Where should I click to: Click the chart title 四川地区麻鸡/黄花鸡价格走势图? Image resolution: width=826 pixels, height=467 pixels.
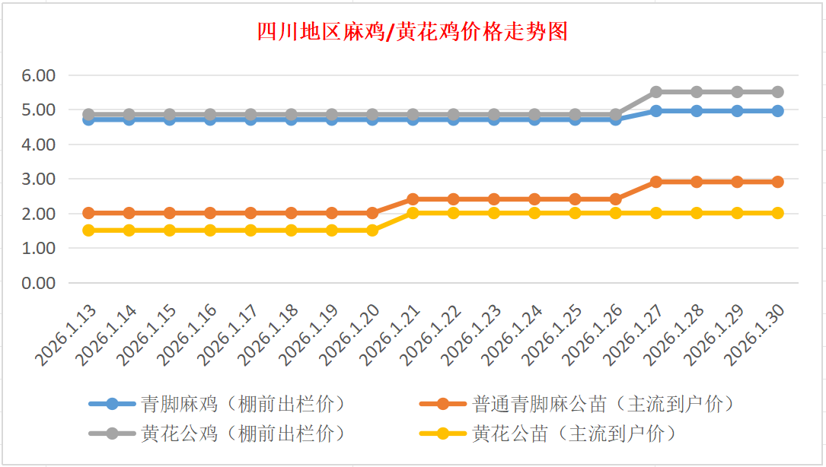[412, 33]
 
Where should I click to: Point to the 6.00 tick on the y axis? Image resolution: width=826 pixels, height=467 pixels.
[39, 75]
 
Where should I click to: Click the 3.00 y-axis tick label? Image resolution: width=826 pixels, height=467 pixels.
[39, 179]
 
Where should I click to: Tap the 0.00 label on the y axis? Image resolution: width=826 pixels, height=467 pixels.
[39, 283]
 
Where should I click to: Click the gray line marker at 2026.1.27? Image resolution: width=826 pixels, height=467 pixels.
[656, 92]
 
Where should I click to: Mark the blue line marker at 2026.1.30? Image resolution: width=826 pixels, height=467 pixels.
[777, 111]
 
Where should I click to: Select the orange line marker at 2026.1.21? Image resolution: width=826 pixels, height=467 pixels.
[413, 199]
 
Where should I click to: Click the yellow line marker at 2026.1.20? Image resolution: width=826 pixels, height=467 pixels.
[372, 230]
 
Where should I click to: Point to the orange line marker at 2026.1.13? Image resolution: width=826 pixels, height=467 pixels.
[88, 213]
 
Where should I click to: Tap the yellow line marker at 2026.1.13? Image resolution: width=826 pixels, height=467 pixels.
[88, 230]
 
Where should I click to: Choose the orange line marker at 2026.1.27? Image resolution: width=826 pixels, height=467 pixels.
[656, 182]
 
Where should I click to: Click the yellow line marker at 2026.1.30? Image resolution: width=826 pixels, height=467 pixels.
[777, 213]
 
